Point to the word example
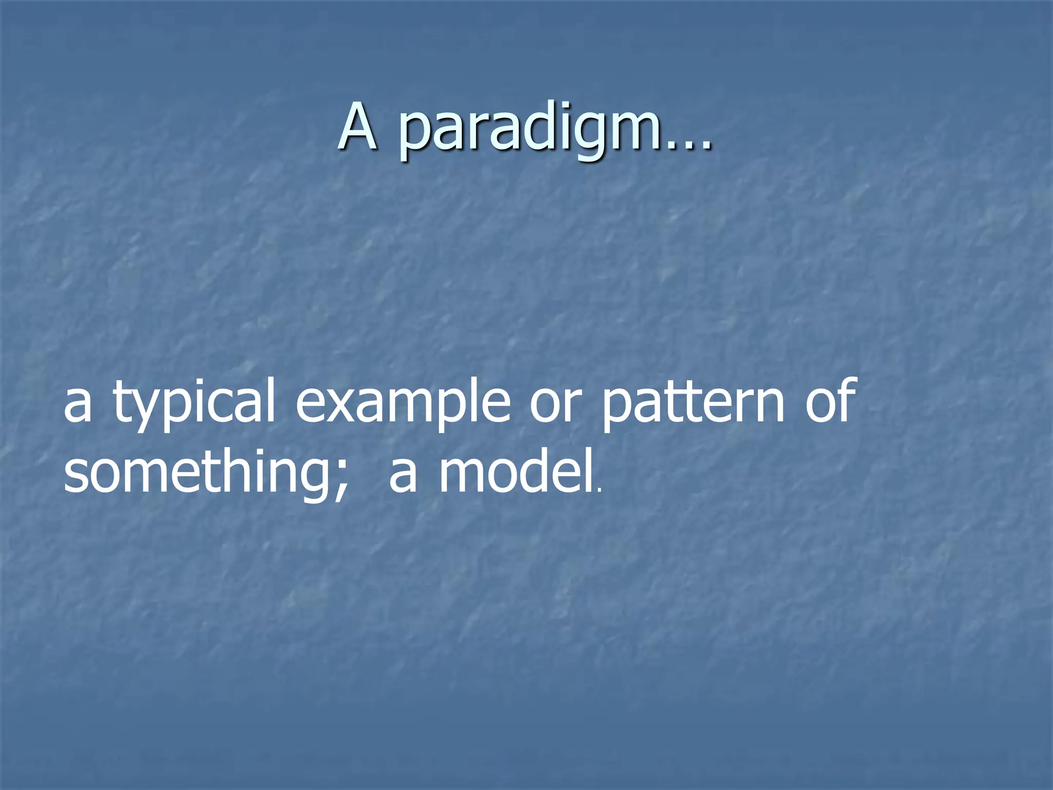403,404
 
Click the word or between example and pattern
555,404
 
